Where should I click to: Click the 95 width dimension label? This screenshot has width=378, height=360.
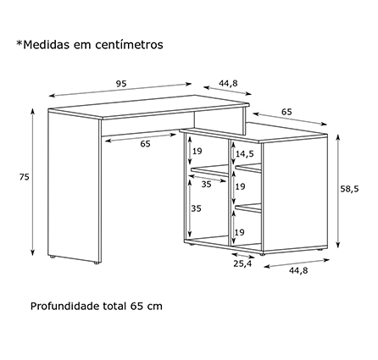[x=121, y=84]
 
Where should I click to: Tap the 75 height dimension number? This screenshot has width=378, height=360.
[x=25, y=177]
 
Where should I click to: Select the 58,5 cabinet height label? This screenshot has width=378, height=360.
[x=349, y=189]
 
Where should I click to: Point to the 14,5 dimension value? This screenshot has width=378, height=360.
[x=245, y=154]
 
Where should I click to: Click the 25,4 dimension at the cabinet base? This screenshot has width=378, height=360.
[x=242, y=263]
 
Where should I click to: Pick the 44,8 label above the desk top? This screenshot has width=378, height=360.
[x=228, y=84]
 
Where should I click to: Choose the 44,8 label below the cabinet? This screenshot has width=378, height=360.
[x=298, y=270]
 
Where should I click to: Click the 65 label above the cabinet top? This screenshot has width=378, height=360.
[x=286, y=112]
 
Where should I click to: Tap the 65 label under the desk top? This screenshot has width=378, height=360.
[x=145, y=144]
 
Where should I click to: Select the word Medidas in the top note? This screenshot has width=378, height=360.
[x=47, y=45]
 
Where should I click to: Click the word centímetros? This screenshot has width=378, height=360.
[x=129, y=45]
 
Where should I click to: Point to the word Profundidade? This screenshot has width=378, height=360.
[x=65, y=306]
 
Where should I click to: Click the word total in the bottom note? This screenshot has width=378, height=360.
[x=114, y=306]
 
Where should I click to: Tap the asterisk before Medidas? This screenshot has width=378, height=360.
[x=19, y=43]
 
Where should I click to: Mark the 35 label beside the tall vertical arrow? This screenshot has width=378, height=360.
[x=196, y=208]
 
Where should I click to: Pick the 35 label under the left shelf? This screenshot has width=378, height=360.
[x=206, y=185]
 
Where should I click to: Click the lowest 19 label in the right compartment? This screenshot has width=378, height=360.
[x=240, y=233]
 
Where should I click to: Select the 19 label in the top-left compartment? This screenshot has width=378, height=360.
[x=197, y=152]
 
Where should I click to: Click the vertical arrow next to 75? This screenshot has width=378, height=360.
[x=33, y=182]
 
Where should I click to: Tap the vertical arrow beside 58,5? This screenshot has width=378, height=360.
[x=337, y=191]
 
